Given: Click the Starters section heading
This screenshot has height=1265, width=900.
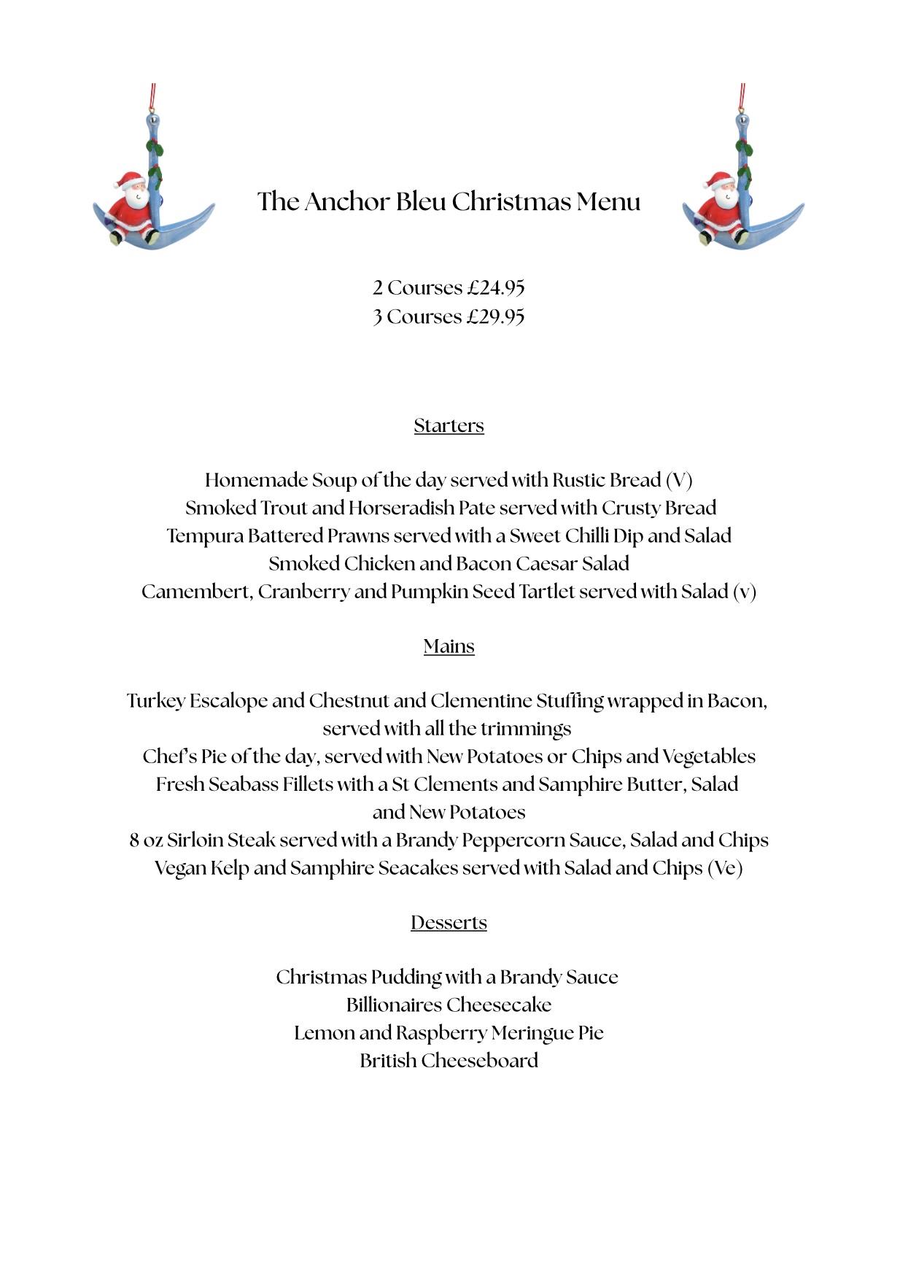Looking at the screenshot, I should point(449,425).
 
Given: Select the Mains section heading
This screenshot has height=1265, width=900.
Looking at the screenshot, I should point(449,646).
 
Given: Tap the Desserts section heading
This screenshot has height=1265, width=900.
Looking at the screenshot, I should point(449,922).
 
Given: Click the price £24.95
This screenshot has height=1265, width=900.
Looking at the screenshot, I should point(496,288).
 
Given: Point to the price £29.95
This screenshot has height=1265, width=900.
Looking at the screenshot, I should point(496,317).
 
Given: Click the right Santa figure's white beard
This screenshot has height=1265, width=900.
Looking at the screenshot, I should point(724,198).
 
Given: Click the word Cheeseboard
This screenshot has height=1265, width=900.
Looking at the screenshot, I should point(479,1061).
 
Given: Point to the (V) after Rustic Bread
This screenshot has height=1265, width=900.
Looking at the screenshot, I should point(678,480).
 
